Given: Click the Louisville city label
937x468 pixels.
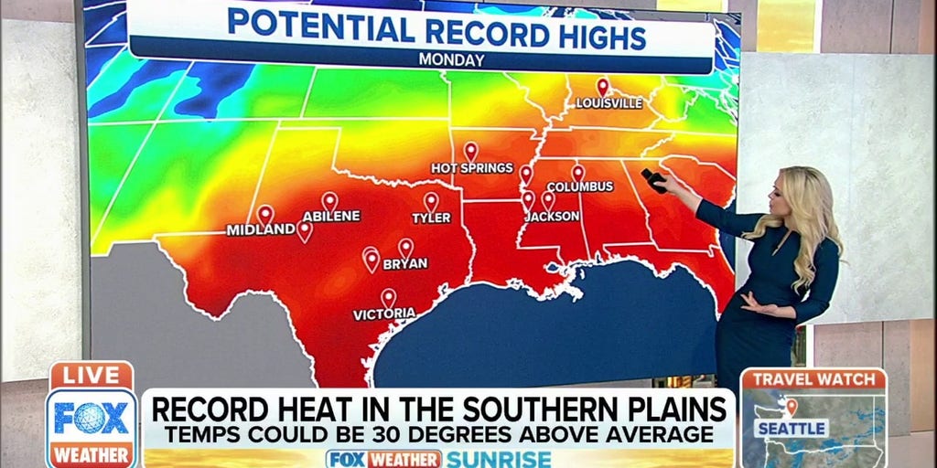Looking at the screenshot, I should [609, 103].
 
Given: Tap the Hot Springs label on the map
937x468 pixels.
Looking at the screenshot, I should [472, 168].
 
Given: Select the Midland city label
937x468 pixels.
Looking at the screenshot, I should [261, 230].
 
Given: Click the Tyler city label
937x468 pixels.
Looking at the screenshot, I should [431, 218].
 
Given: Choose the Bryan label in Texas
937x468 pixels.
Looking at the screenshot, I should [405, 263].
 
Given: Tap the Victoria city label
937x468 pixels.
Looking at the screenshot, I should [384, 314].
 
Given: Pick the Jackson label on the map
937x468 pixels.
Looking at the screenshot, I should [552, 217].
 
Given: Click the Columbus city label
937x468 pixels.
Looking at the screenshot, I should [580, 187].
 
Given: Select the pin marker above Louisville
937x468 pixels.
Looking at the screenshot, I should [602, 86].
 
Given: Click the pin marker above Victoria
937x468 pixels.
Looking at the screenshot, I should [388, 296].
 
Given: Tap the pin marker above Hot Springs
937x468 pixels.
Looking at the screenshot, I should [470, 150].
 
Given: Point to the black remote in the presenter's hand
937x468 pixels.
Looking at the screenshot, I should [652, 180].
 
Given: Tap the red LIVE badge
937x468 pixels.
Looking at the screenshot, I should [92, 375].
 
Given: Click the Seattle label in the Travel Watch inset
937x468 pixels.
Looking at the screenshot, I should [792, 428].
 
